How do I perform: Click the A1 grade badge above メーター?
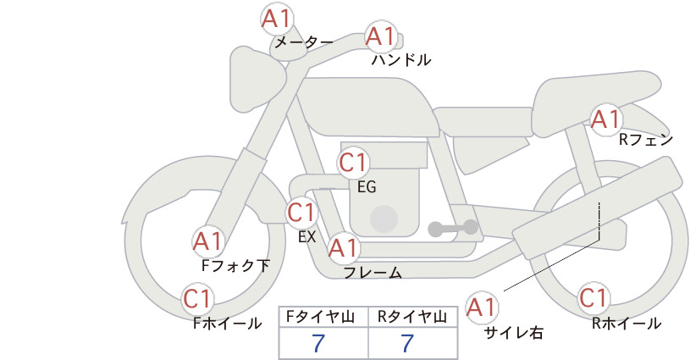coord(277,19)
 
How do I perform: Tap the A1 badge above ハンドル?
coord(381,36)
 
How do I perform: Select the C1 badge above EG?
coord(353,163)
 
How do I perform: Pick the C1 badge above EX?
coord(301,212)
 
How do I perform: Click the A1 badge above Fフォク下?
coord(208,242)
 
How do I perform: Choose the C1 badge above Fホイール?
coord(197,299)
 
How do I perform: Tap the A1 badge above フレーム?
coord(344,247)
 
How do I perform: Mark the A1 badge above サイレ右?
coord(482,307)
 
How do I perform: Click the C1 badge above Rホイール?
coord(594,298)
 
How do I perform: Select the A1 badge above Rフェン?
coord(605,119)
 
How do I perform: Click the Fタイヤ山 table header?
coord(320,317)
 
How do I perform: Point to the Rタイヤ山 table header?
coord(412,317)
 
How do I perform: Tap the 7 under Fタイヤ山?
coord(318,343)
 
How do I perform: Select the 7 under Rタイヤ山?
coord(407,343)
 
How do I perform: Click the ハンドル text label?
coord(400,60)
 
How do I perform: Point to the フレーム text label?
coord(373,273)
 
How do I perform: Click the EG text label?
coord(367,187)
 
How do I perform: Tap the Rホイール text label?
coord(627,324)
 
